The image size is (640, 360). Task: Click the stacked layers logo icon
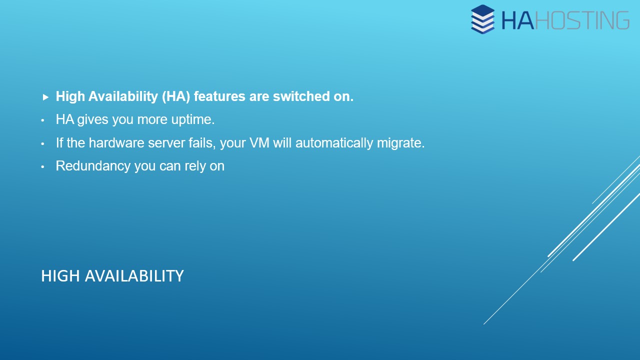tap(483, 19)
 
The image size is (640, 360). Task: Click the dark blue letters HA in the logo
tap(517, 20)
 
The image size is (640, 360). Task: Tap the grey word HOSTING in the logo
tap(582, 20)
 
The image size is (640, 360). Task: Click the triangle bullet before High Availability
tap(45, 97)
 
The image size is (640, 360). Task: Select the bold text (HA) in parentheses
tap(176, 96)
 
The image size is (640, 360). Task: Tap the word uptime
tap(193, 119)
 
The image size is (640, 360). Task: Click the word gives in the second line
tap(92, 119)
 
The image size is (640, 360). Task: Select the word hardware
tap(116, 143)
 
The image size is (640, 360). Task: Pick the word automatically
tap(334, 143)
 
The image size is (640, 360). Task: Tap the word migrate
tap(400, 143)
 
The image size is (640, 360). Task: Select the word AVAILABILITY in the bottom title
tap(134, 276)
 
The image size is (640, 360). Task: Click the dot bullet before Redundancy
tap(42, 167)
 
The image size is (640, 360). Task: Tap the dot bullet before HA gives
tap(42, 120)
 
